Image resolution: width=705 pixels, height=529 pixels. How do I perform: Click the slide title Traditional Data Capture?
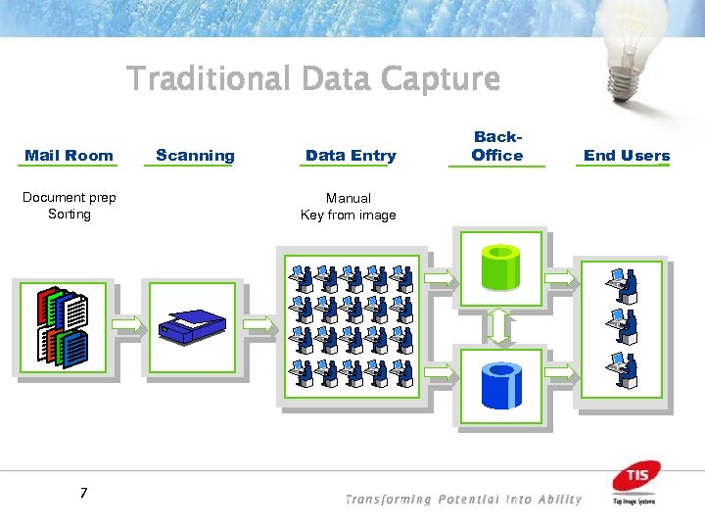(x=313, y=78)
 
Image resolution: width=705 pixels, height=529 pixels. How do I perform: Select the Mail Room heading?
(x=69, y=156)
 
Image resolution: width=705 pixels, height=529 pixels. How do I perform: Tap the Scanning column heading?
(x=195, y=156)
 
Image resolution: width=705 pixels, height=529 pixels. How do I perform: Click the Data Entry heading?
(x=351, y=156)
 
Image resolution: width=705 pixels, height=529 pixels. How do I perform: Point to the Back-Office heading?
(x=497, y=146)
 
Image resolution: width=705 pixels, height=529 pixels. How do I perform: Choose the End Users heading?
(x=627, y=156)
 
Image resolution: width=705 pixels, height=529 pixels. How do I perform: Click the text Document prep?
(x=70, y=197)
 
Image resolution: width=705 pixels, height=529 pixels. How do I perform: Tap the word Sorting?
(x=70, y=214)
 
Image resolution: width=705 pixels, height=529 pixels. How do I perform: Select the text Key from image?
(x=349, y=215)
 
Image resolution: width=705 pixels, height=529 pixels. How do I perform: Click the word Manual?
(x=349, y=198)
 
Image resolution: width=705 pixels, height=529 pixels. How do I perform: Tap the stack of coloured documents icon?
(x=62, y=327)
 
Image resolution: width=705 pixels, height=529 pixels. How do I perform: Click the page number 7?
(x=83, y=493)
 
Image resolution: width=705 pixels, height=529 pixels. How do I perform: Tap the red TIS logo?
(x=635, y=477)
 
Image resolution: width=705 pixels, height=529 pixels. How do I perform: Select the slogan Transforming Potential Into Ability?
(x=463, y=500)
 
